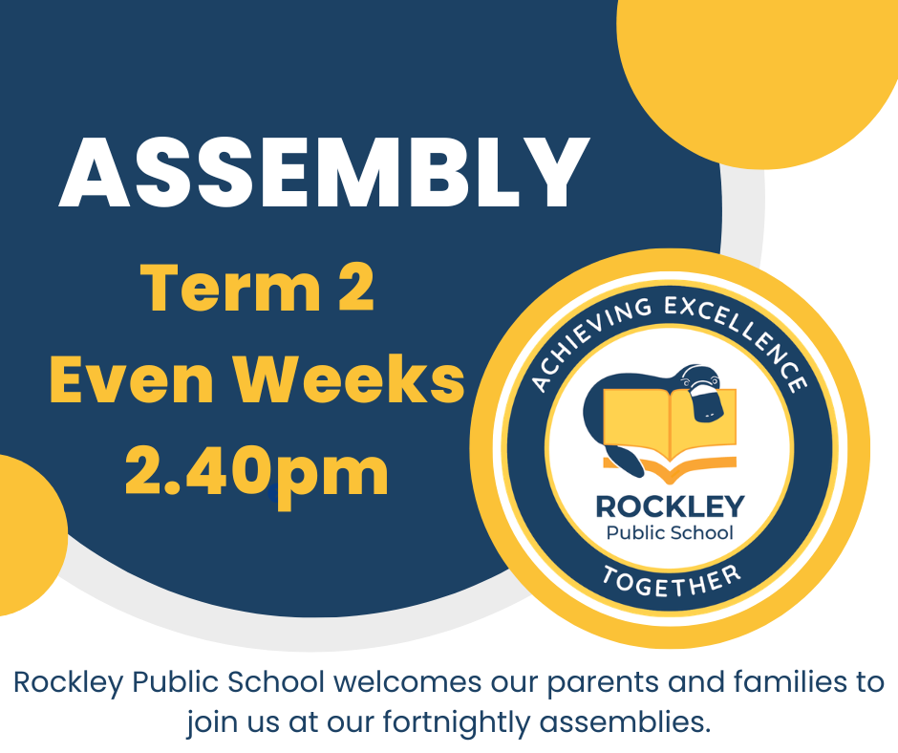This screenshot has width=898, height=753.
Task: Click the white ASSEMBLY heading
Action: tap(324, 173)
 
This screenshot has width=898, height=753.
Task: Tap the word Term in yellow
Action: tap(230, 288)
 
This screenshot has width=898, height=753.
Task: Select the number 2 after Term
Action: tap(356, 288)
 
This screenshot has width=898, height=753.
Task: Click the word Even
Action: tap(132, 378)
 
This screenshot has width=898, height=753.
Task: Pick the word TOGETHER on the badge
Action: tap(672, 580)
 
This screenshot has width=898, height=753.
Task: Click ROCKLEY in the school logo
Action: tap(670, 506)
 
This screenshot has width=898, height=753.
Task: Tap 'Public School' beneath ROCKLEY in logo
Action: tap(670, 533)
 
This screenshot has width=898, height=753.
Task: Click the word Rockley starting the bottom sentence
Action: tap(68, 683)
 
